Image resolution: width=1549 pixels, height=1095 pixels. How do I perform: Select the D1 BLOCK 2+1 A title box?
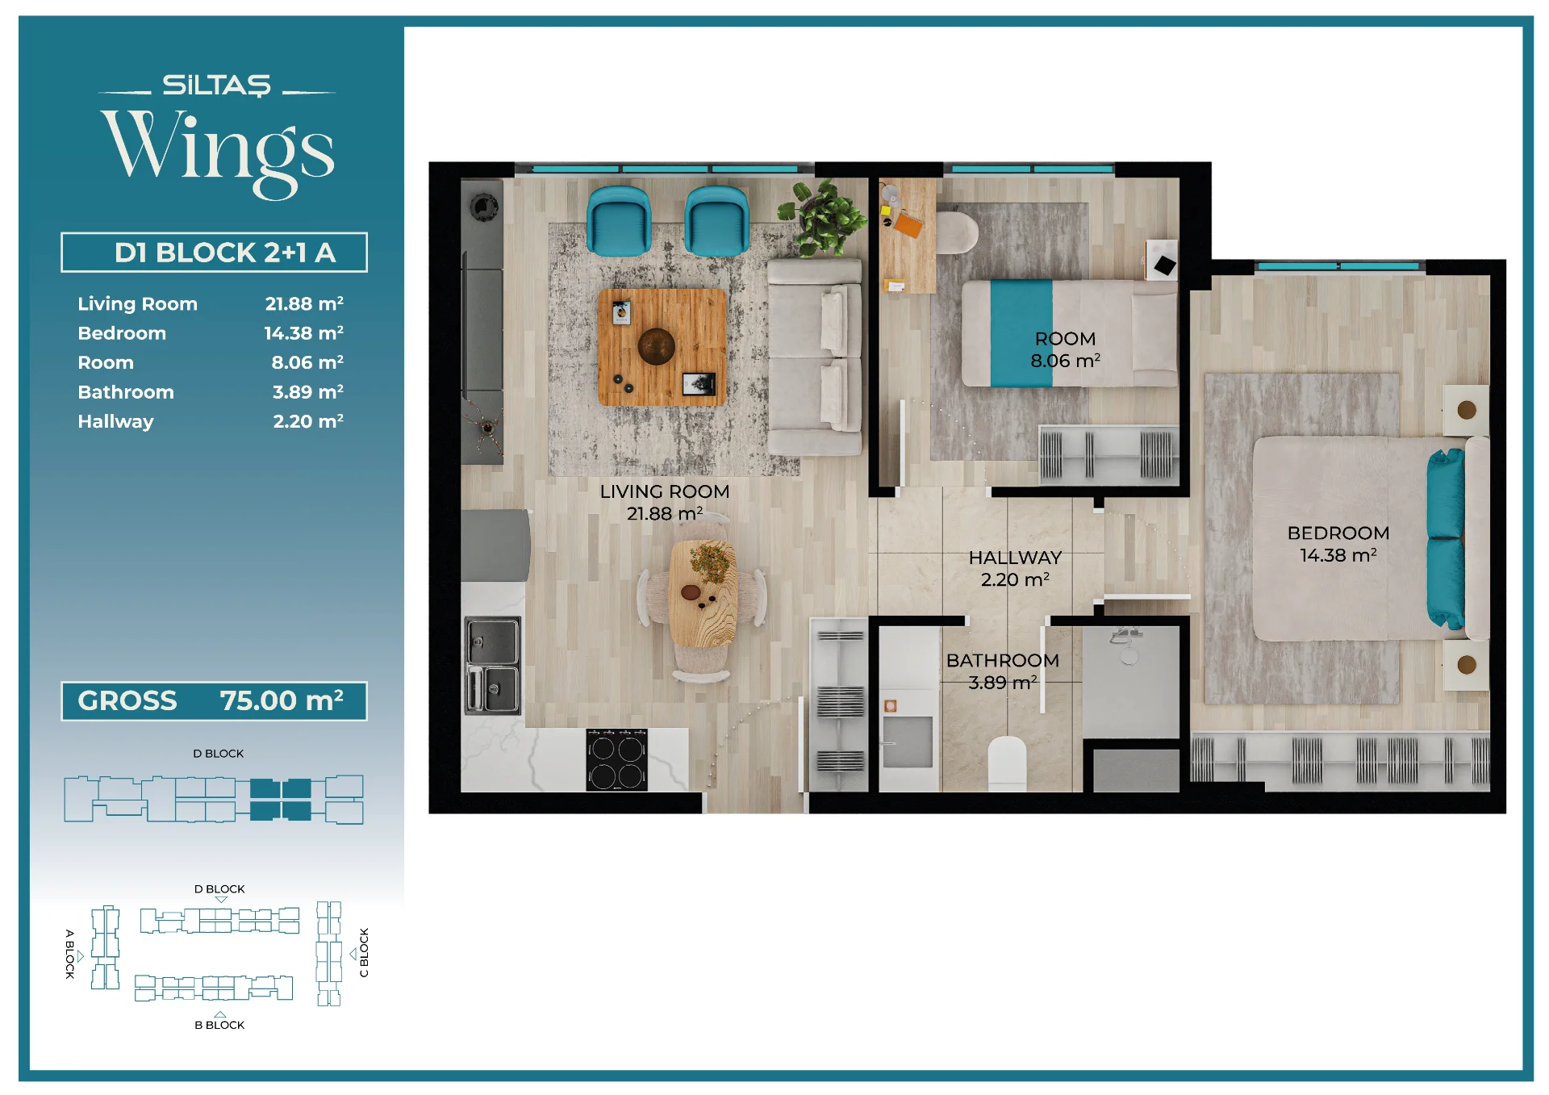pyautogui.click(x=214, y=253)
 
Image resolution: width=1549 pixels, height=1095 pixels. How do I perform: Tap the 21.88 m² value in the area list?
pyautogui.click(x=304, y=303)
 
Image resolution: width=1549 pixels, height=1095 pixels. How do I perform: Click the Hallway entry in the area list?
pyautogui.click(x=115, y=421)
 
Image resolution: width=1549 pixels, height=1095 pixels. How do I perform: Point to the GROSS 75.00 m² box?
pyautogui.click(x=214, y=700)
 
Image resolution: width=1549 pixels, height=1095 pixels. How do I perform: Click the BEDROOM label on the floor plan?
pyautogui.click(x=1338, y=533)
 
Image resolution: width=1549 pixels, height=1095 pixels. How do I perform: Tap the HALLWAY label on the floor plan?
pyautogui.click(x=1015, y=558)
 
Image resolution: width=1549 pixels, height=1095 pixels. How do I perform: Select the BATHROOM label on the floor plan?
pyautogui.click(x=1002, y=660)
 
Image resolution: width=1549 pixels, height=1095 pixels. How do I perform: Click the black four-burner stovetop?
pyautogui.click(x=616, y=759)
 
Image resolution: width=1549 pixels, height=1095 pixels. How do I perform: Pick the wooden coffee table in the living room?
pyautogui.click(x=662, y=347)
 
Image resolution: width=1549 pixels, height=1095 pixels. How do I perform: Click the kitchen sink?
pyautogui.click(x=492, y=666)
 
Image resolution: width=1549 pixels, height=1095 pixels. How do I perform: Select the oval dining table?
pyautogui.click(x=703, y=594)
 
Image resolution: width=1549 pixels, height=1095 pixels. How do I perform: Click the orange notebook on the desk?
pyautogui.click(x=908, y=224)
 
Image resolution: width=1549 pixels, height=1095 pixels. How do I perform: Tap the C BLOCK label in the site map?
pyautogui.click(x=364, y=952)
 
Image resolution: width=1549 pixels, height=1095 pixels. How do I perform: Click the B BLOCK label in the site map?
pyautogui.click(x=219, y=1025)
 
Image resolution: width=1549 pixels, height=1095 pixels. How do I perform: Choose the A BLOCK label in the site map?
pyautogui.click(x=69, y=954)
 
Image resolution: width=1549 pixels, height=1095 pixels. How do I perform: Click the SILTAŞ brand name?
pyautogui.click(x=216, y=85)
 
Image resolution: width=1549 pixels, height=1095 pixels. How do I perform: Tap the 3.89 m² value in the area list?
pyautogui.click(x=307, y=392)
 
